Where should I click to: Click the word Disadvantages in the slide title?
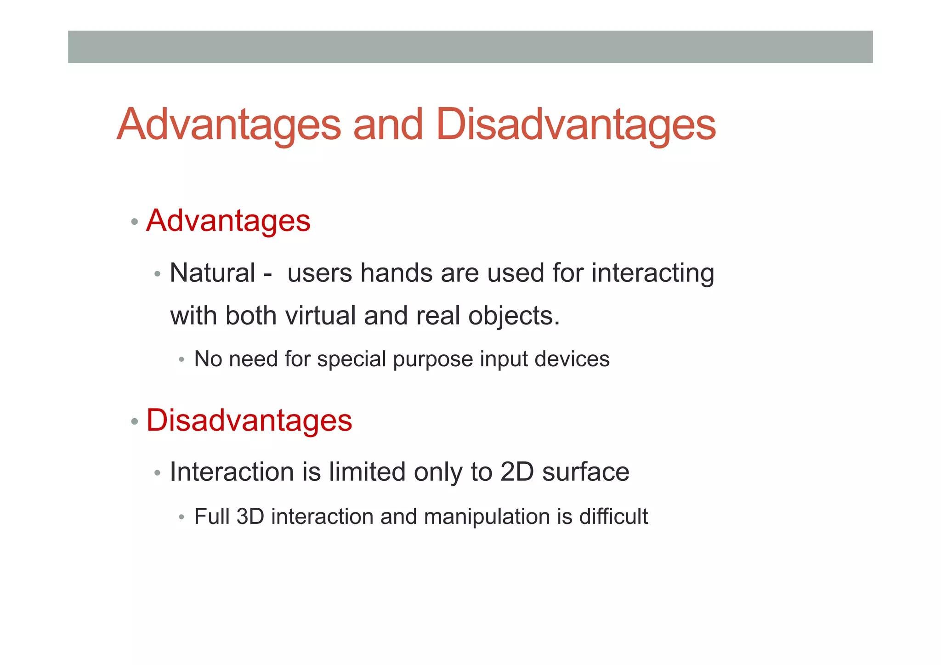(576, 125)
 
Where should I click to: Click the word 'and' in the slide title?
(388, 125)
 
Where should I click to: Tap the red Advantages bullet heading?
(228, 221)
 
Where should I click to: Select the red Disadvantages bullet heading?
(249, 420)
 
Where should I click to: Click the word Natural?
(212, 273)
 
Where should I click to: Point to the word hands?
(396, 273)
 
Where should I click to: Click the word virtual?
(320, 316)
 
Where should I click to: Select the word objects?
(514, 317)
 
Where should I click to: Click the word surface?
(586, 472)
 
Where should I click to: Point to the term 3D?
(250, 517)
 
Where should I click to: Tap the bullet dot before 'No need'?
(181, 359)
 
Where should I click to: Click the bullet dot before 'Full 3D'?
(181, 517)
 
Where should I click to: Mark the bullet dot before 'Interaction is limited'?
(158, 473)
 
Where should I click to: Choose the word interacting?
(652, 273)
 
